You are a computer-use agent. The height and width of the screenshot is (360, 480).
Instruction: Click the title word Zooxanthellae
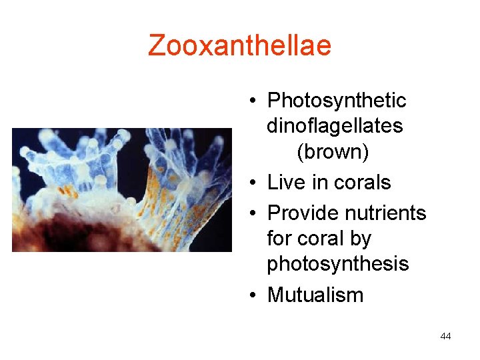(239, 45)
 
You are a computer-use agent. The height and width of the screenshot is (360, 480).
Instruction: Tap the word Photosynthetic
(336, 101)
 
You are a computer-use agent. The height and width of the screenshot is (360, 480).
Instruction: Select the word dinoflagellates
(335, 126)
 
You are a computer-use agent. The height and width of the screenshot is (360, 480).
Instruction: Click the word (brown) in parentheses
(333, 152)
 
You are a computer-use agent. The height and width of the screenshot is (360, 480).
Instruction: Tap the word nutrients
(389, 213)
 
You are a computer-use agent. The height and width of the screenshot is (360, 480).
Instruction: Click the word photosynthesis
(337, 264)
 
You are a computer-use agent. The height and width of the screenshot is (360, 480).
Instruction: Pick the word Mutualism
(315, 295)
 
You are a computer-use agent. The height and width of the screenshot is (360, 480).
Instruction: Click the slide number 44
(445, 336)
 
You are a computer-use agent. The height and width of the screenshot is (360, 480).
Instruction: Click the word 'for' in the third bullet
(279, 239)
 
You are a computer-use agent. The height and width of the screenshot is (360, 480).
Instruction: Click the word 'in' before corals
(318, 182)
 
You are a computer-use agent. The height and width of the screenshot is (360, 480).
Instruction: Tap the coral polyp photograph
(121, 189)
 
